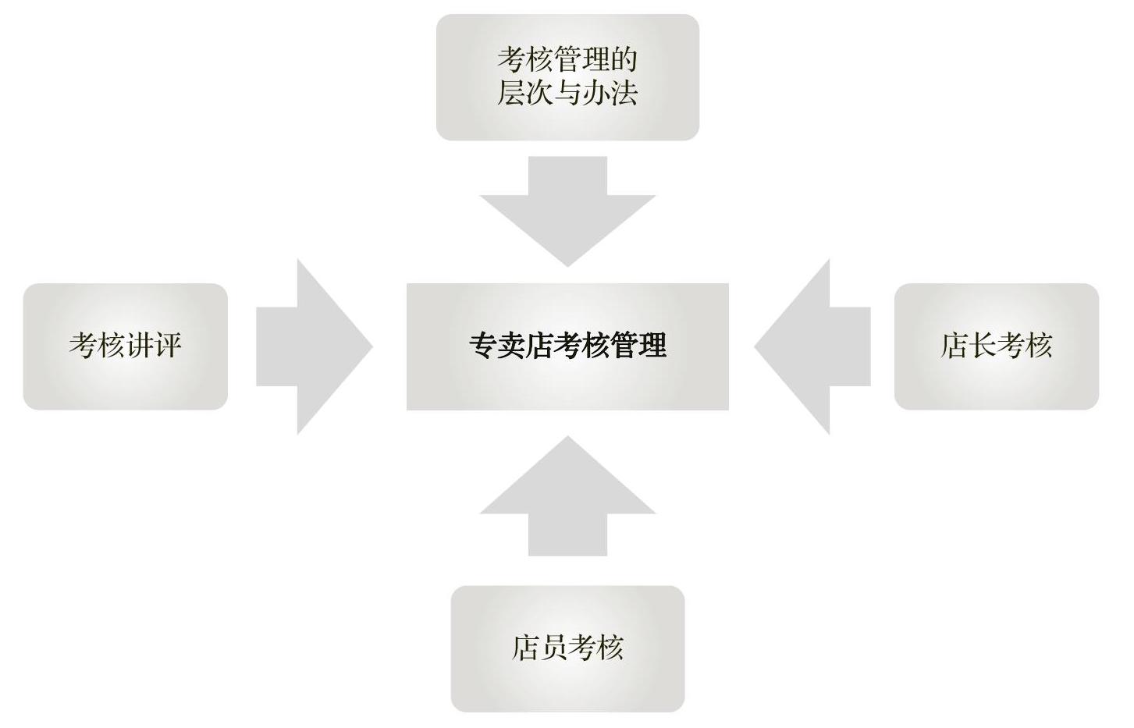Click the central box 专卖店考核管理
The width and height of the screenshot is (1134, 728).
coord(567,346)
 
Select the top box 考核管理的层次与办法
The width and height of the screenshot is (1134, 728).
coord(567,77)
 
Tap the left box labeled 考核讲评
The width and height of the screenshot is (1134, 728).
coord(125,346)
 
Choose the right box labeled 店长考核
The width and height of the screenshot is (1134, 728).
coord(996,346)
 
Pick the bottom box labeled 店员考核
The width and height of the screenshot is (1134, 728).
coord(567,648)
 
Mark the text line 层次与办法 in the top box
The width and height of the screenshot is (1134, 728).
coord(567,93)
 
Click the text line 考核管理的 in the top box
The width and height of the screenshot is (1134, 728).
coord(567,60)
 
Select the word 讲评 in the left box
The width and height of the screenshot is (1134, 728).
coord(153,346)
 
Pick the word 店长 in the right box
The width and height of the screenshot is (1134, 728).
coord(969,346)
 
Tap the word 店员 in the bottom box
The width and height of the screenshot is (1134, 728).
coord(539,648)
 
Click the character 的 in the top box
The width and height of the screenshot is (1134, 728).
coord(624,60)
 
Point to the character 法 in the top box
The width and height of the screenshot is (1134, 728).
coord(624,93)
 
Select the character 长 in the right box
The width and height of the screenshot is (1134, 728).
coord(983,346)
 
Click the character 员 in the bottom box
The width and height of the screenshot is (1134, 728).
coord(553,648)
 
